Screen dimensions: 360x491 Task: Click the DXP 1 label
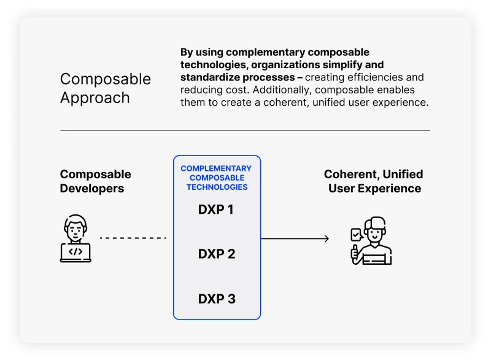coord(216,209)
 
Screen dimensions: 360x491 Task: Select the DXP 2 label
coord(216,254)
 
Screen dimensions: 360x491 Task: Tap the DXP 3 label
coord(216,299)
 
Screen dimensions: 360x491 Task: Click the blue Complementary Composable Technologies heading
coord(216,178)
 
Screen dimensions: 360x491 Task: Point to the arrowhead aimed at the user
coord(326,238)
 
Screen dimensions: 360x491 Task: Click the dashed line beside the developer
coord(133,238)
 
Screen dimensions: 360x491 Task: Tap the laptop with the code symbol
coord(75,252)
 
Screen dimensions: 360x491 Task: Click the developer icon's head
coord(75,227)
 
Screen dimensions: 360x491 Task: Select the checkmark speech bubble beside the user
coord(356,234)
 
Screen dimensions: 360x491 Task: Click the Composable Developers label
coord(95,181)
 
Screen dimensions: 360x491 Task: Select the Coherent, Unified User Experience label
coord(374,181)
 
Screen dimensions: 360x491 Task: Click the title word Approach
coord(95,98)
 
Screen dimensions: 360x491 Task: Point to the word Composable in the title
coord(105,79)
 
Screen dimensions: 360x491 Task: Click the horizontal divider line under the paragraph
coord(245,130)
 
